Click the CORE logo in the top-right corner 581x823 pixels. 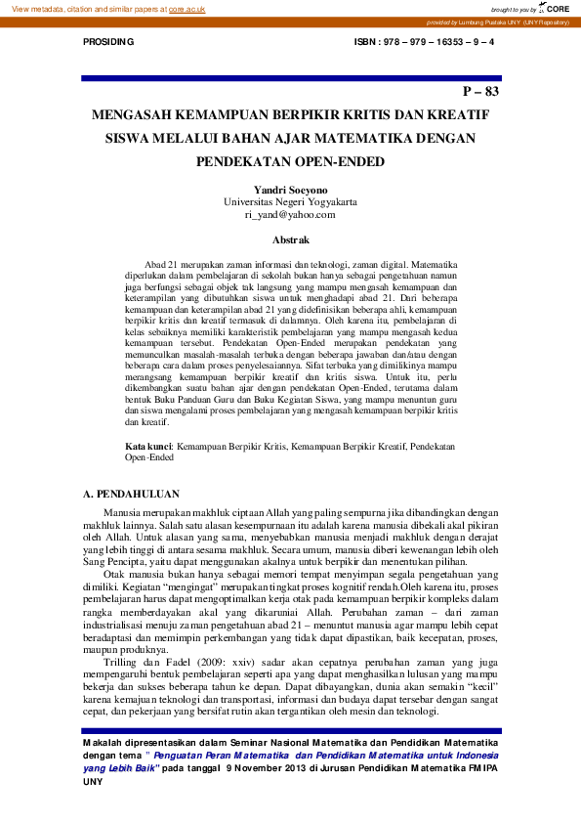[x=556, y=8]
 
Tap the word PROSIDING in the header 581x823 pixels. [x=107, y=44]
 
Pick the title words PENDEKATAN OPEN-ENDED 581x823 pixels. [x=290, y=161]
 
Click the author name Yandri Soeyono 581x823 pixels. [x=290, y=190]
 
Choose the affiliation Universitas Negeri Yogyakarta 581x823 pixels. [x=290, y=201]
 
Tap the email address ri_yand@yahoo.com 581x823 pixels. [x=290, y=214]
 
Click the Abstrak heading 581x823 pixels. [x=290, y=239]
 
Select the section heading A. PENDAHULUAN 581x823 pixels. [x=127, y=497]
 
